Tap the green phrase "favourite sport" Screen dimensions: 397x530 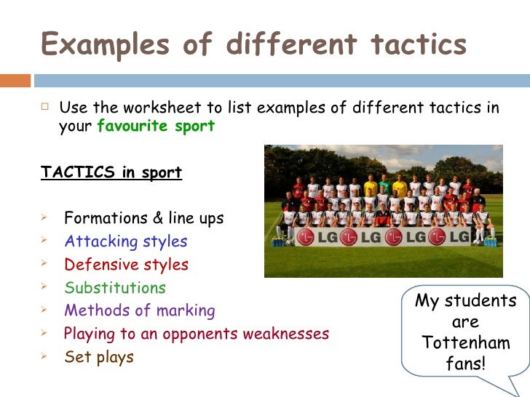click(156, 126)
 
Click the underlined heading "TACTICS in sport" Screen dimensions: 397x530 click(111, 172)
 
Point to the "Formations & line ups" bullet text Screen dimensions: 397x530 click(143, 218)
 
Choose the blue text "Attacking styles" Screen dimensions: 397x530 click(125, 241)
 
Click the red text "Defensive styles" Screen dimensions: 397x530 click(126, 265)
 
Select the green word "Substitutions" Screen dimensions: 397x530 click(115, 288)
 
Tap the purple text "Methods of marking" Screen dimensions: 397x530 click(139, 311)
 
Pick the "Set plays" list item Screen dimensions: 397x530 click(99, 358)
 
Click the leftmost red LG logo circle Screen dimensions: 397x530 click(306, 237)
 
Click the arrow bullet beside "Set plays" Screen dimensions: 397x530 click(45, 358)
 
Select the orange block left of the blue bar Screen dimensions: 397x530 click(15, 80)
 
